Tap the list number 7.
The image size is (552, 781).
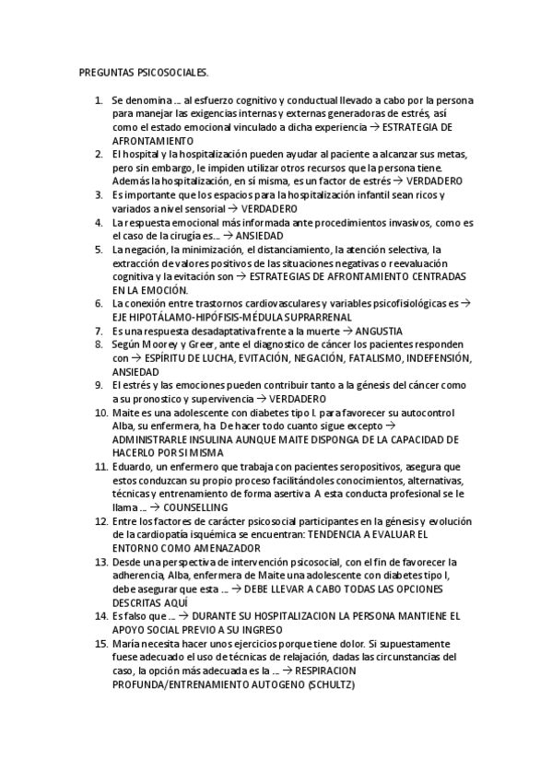(99, 330)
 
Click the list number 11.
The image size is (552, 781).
(100, 468)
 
